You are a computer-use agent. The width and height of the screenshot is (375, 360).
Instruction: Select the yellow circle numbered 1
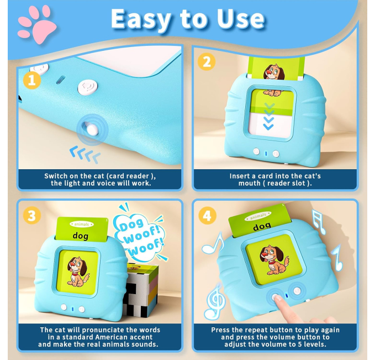click(32, 80)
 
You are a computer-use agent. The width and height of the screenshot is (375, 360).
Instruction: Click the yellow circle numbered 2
click(207, 62)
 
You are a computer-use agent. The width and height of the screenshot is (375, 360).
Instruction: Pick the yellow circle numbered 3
click(32, 215)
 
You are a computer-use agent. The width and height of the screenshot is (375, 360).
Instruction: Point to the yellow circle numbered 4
click(207, 215)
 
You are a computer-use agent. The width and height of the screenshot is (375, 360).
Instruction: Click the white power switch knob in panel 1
click(92, 129)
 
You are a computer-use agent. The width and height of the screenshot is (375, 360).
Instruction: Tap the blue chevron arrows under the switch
click(85, 154)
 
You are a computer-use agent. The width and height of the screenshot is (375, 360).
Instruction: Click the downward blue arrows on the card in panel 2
click(268, 117)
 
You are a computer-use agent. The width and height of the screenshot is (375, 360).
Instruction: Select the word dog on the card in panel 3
click(81, 236)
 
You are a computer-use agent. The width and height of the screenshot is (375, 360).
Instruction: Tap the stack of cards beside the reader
click(141, 290)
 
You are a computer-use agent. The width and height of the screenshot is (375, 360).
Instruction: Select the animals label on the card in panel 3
click(82, 224)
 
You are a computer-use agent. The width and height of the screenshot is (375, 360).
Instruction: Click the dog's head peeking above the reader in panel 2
click(274, 71)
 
